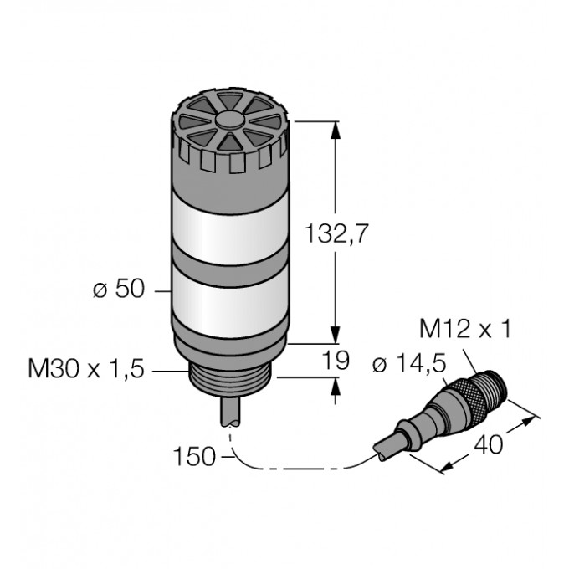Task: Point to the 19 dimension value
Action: [x=336, y=361]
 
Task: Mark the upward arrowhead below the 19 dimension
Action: [x=337, y=387]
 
